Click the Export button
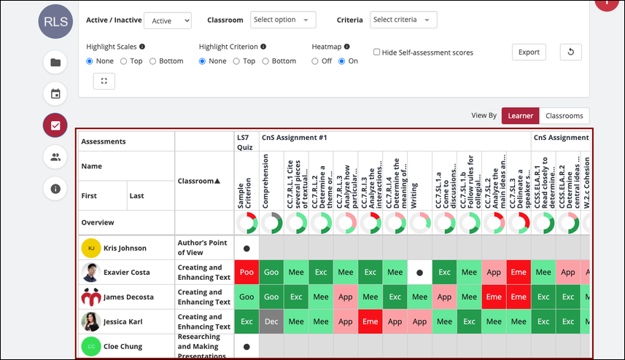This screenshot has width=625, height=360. tap(529, 52)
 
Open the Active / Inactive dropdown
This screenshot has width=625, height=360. tap(167, 21)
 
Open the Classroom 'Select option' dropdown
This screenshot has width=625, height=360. tap(283, 20)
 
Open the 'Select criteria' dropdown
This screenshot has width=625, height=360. tap(403, 20)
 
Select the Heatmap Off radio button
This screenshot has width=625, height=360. tap(316, 61)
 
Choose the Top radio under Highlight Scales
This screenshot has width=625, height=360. tap(124, 61)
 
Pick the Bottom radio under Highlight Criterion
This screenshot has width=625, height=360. tap(266, 61)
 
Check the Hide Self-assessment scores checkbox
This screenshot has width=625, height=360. tap(376, 52)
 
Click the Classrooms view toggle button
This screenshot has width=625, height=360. tap(564, 115)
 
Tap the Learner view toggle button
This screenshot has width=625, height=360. tap(520, 115)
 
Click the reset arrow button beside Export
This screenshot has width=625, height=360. tap(570, 52)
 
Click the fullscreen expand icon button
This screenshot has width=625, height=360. tap(104, 81)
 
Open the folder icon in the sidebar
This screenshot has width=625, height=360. tap(55, 62)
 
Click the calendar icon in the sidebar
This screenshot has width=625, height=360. tap(55, 93)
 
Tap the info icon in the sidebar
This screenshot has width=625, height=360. tap(55, 189)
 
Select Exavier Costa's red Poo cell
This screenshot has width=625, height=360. tap(246, 273)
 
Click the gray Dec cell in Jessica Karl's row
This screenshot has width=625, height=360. tap(271, 322)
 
